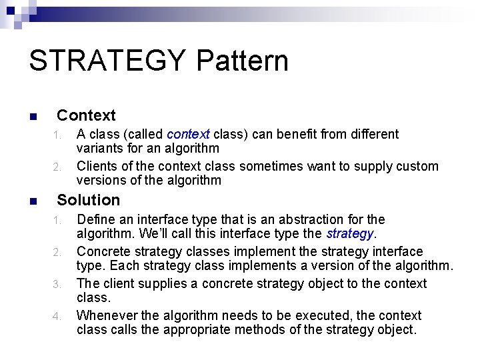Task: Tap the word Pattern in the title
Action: pyautogui.click(x=242, y=61)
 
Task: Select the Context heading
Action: pyautogui.click(x=86, y=115)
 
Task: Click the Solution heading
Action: pyautogui.click(x=89, y=200)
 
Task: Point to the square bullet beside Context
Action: pyautogui.click(x=33, y=117)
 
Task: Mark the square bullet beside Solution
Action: pyautogui.click(x=33, y=201)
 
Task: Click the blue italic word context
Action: pyautogui.click(x=188, y=134)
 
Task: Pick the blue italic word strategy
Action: pyautogui.click(x=351, y=233)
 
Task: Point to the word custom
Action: pyautogui.click(x=418, y=166)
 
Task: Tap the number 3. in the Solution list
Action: pyautogui.click(x=58, y=285)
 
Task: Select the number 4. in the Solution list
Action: pyautogui.click(x=58, y=317)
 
